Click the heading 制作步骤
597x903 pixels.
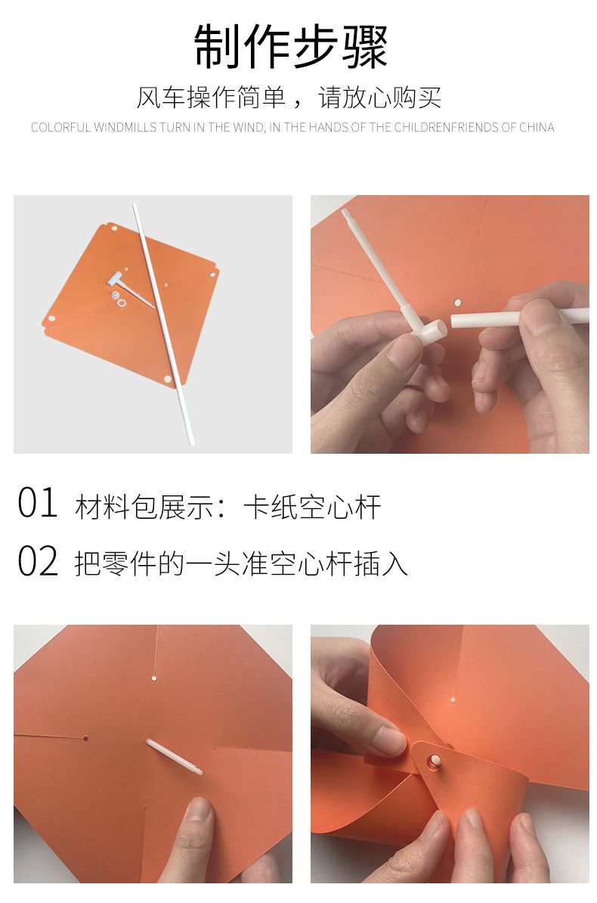coord(290,46)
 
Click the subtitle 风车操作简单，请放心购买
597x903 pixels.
coord(289,98)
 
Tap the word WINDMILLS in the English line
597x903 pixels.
coord(125,127)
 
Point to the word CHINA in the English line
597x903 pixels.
coord(537,127)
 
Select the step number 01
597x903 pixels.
coord(38,502)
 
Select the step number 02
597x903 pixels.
coord(38,561)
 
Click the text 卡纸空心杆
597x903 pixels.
coord(312,507)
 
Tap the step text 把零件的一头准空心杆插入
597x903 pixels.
coord(240,563)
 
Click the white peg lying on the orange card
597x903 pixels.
coord(174,757)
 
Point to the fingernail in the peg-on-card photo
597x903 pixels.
coord(200,809)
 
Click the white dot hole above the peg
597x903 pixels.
coord(154,678)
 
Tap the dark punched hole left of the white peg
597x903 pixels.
coord(86,737)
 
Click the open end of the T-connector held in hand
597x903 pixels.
coord(441,329)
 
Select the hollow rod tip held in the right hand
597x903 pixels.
coord(455,320)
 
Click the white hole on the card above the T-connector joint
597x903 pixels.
coord(458,303)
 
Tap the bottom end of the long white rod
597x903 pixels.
coord(191,442)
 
